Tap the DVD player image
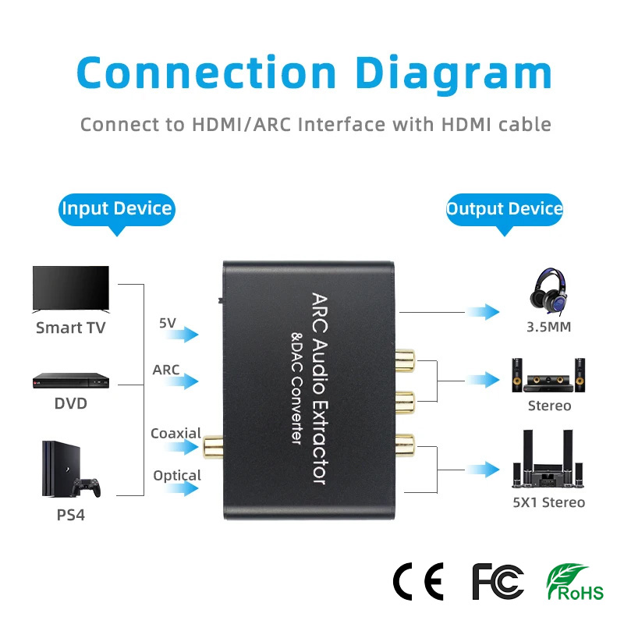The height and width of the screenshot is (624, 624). (x=70, y=380)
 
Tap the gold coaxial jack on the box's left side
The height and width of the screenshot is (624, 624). (x=211, y=447)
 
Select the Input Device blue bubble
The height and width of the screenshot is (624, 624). (x=117, y=209)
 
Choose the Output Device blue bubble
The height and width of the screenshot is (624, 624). (x=505, y=209)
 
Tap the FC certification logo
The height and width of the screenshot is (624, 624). (x=498, y=580)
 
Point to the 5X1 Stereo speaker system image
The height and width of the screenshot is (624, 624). (x=549, y=460)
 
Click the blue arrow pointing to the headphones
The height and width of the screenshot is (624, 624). (x=484, y=312)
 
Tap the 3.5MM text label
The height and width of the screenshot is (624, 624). (x=548, y=327)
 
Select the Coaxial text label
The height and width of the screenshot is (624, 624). (x=175, y=434)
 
